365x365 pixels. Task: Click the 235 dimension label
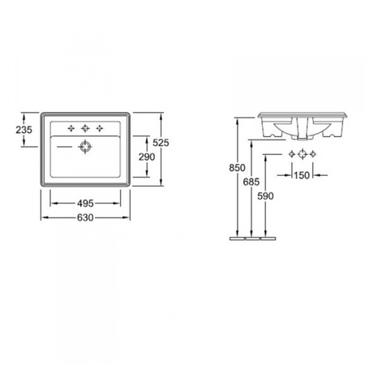(24, 130)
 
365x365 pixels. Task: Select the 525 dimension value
(161, 143)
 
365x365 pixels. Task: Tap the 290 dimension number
(147, 157)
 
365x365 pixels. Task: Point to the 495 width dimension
(85, 204)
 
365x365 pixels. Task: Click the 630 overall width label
(85, 217)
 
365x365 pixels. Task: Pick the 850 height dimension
(237, 168)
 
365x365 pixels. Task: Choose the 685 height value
(251, 182)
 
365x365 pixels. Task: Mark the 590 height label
(265, 196)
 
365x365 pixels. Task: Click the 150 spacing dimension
(302, 175)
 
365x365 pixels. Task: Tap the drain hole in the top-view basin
(85, 147)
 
